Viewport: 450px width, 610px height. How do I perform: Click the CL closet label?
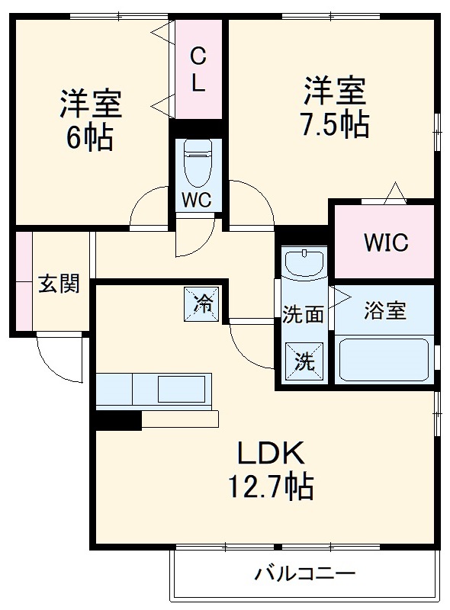point(198,69)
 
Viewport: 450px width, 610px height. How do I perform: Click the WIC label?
point(385,243)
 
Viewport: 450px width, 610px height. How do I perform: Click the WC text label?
point(198,201)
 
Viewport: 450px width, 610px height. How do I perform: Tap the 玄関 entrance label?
point(59,284)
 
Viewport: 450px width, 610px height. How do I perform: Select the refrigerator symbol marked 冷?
point(203,303)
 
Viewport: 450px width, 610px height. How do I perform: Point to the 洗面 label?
point(304,314)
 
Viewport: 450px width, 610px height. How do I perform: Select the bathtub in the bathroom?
point(384,359)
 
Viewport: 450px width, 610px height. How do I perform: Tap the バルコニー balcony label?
point(305,573)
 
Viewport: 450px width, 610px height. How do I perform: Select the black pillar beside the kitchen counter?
point(118,419)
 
